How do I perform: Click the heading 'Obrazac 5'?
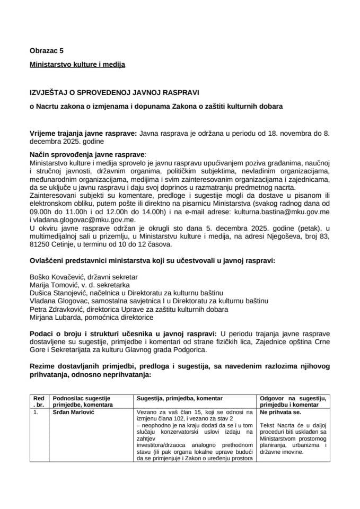click(x=46, y=51)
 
